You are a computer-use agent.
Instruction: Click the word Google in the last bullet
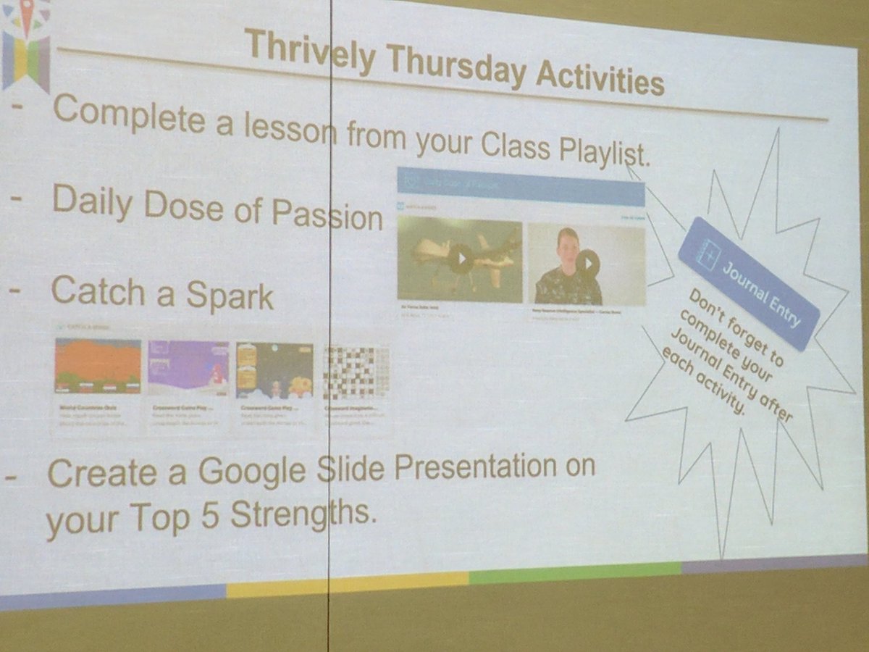point(255,472)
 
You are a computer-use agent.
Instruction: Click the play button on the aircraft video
point(459,259)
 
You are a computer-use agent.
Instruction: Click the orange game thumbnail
point(98,366)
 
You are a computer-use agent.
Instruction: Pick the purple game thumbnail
point(188,368)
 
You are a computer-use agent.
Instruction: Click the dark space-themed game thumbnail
point(274,370)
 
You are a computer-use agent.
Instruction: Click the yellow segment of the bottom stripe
point(348,584)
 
